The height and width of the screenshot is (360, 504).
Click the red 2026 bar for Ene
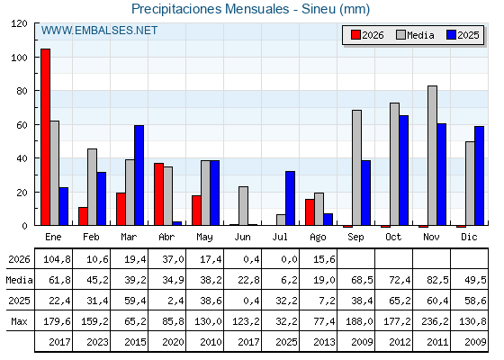[45, 137]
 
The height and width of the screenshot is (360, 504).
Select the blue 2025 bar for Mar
[139, 175]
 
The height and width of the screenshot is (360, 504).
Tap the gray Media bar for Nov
[432, 156]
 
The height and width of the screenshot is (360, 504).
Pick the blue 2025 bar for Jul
[290, 198]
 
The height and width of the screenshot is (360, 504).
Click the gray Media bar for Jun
[243, 206]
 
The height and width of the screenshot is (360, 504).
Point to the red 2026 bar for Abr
[158, 194]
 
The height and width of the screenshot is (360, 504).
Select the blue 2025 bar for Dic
[479, 175]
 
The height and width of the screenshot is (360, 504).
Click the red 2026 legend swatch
[355, 35]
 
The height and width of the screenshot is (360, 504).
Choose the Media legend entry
[415, 35]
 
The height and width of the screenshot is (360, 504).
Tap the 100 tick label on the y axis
[19, 58]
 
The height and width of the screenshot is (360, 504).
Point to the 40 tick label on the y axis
[22, 158]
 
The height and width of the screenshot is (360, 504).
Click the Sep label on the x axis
[355, 238]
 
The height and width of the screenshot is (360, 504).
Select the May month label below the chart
[205, 238]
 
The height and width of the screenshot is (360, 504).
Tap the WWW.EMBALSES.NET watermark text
[99, 31]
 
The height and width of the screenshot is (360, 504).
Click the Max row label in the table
[19, 321]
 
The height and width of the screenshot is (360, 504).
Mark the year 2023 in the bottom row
[98, 342]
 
